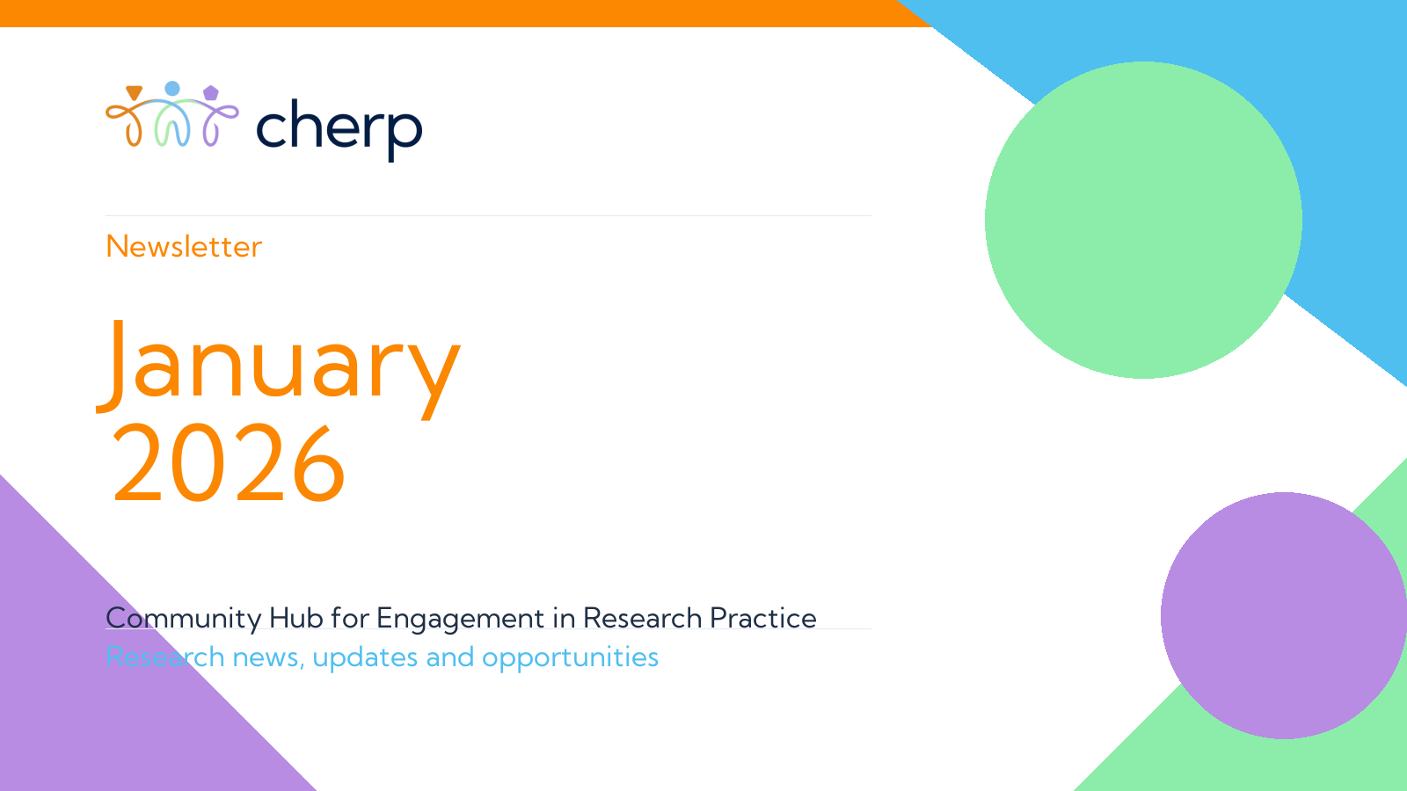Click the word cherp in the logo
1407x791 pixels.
pyautogui.click(x=339, y=129)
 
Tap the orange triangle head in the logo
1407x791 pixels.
pyautogui.click(x=134, y=92)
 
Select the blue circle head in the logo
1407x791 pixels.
pyautogui.click(x=172, y=89)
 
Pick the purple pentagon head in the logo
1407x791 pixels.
pyautogui.click(x=211, y=93)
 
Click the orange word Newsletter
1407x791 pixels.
pyautogui.click(x=184, y=247)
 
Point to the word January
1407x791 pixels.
pyautogui.click(x=279, y=366)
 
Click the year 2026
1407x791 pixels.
pyautogui.click(x=229, y=463)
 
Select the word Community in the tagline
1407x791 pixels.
pyautogui.click(x=184, y=619)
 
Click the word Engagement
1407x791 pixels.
pyautogui.click(x=461, y=619)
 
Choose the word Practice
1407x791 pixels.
pyautogui.click(x=763, y=618)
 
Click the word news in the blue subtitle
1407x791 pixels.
pyautogui.click(x=268, y=657)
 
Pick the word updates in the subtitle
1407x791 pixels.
pyautogui.click(x=365, y=658)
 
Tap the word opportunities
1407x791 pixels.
pyautogui.click(x=571, y=658)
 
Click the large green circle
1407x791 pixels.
pyautogui.click(x=1143, y=220)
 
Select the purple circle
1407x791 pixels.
pyautogui.click(x=1284, y=615)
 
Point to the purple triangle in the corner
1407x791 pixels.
pyautogui.click(x=106, y=685)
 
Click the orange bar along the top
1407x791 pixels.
pyautogui.click(x=465, y=13)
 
